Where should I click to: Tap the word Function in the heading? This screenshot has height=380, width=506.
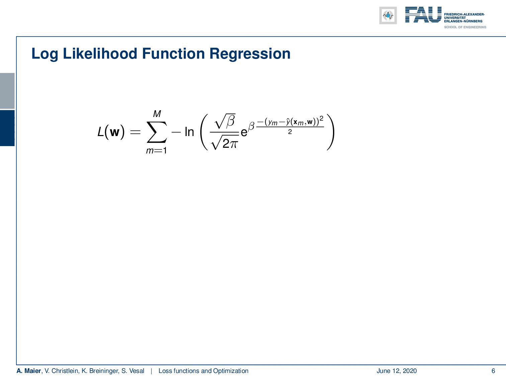pyautogui.click(x=174, y=54)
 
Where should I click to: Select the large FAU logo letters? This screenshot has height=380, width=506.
pyautogui.click(x=423, y=15)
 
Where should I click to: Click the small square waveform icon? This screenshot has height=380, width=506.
pyautogui.click(x=388, y=15)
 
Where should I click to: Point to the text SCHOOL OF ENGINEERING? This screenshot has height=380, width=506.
pyautogui.click(x=465, y=27)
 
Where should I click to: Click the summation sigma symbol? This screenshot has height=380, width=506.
pyautogui.click(x=157, y=132)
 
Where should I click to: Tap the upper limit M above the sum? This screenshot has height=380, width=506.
pyautogui.click(x=157, y=114)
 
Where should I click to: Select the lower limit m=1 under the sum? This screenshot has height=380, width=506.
pyautogui.click(x=156, y=151)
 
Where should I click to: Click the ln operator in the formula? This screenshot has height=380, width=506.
pyautogui.click(x=189, y=132)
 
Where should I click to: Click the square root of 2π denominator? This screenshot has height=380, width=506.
pyautogui.click(x=225, y=143)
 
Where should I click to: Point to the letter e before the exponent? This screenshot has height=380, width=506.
pyautogui.click(x=244, y=133)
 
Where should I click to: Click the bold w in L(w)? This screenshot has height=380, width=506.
pyautogui.click(x=114, y=132)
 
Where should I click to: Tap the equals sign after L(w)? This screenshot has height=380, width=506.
pyautogui.click(x=135, y=132)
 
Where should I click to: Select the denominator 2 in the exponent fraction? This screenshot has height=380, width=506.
pyautogui.click(x=290, y=132)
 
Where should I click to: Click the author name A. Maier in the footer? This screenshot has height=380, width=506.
pyautogui.click(x=29, y=371)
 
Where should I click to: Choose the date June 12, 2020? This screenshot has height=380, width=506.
pyautogui.click(x=397, y=371)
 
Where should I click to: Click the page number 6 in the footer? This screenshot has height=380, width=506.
pyautogui.click(x=493, y=371)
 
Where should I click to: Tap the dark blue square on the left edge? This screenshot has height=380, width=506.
pyautogui.click(x=7, y=128)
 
